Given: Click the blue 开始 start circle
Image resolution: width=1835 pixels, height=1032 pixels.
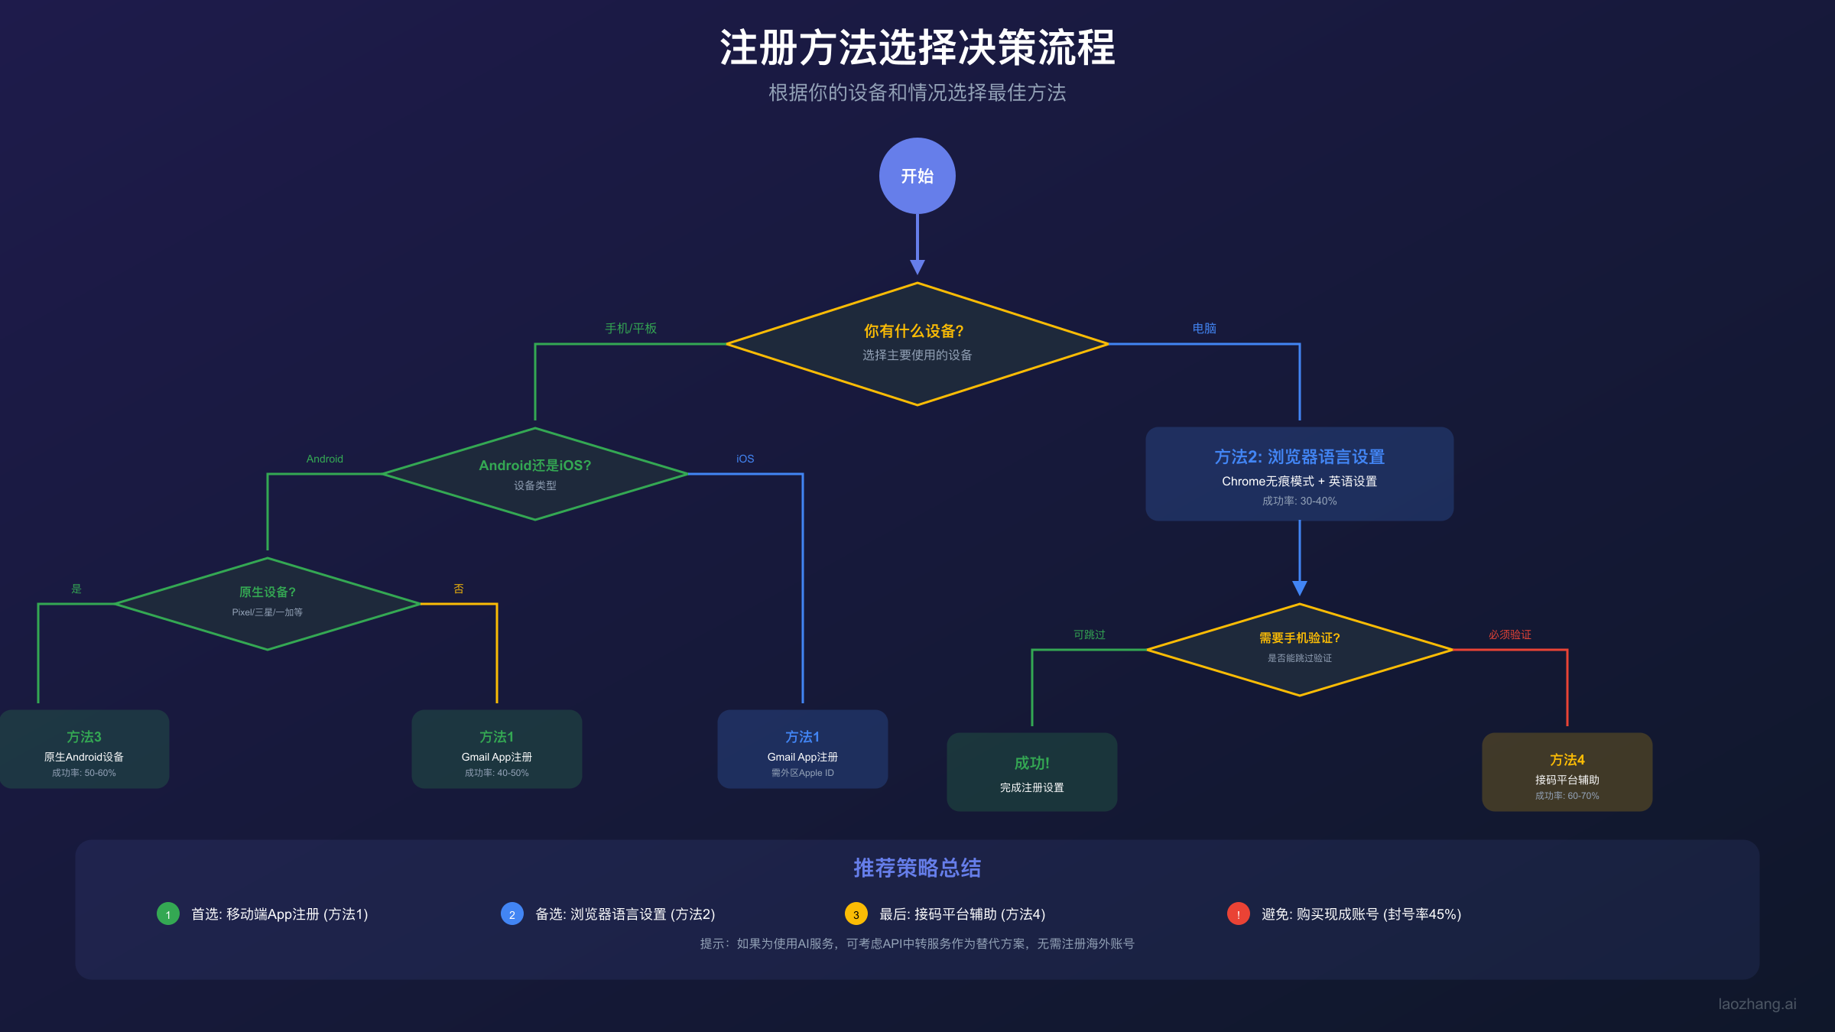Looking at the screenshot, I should click(917, 176).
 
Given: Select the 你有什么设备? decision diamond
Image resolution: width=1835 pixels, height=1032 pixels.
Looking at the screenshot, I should click(917, 343).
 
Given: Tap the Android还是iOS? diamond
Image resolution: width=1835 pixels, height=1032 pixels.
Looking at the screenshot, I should click(534, 474).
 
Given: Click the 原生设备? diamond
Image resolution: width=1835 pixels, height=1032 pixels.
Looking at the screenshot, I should click(267, 603).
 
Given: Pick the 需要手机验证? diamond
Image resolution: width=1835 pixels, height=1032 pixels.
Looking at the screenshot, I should click(1299, 649).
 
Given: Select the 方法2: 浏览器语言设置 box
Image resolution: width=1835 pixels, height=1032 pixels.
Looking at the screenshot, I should click(1299, 474).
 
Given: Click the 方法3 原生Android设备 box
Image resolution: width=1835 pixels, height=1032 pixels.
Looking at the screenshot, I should click(84, 749).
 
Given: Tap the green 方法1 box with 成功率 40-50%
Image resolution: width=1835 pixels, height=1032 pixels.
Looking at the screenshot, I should click(496, 749).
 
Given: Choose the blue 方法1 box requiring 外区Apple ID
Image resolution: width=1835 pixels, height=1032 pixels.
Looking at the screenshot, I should click(802, 749).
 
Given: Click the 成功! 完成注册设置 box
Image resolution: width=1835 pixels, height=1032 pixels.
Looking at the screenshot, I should click(1031, 772).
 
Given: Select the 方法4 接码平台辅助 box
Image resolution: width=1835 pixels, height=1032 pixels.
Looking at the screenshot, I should click(1567, 772).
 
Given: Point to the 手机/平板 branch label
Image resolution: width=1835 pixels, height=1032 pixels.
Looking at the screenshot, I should click(631, 329).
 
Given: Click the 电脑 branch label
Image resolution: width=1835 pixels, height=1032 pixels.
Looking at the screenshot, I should click(1204, 329).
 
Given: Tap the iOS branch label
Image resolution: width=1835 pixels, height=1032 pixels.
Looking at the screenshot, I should click(745, 459).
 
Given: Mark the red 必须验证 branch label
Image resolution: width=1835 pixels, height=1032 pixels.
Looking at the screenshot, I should click(1509, 634).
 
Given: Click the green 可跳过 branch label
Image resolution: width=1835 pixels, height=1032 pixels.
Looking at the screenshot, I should click(1089, 634).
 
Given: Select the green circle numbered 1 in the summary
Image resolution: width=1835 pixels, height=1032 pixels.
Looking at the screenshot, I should click(168, 914).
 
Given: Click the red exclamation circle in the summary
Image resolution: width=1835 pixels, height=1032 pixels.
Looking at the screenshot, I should click(1238, 914).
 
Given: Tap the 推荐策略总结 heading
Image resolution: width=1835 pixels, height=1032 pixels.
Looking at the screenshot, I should click(917, 868).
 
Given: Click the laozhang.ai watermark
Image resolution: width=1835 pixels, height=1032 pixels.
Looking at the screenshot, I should click(1757, 1004).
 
